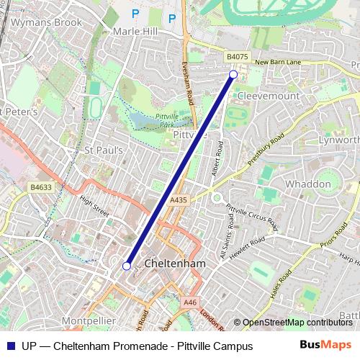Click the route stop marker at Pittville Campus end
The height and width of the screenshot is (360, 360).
click(x=233, y=74)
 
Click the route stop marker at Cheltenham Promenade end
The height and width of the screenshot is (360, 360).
click(x=127, y=266)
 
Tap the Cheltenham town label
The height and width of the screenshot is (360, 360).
click(x=175, y=264)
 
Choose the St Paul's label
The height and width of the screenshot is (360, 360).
click(x=105, y=150)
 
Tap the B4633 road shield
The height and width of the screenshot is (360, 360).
click(x=41, y=187)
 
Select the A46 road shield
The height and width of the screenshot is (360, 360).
click(x=189, y=302)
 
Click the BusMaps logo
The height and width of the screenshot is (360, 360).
click(x=325, y=346)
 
